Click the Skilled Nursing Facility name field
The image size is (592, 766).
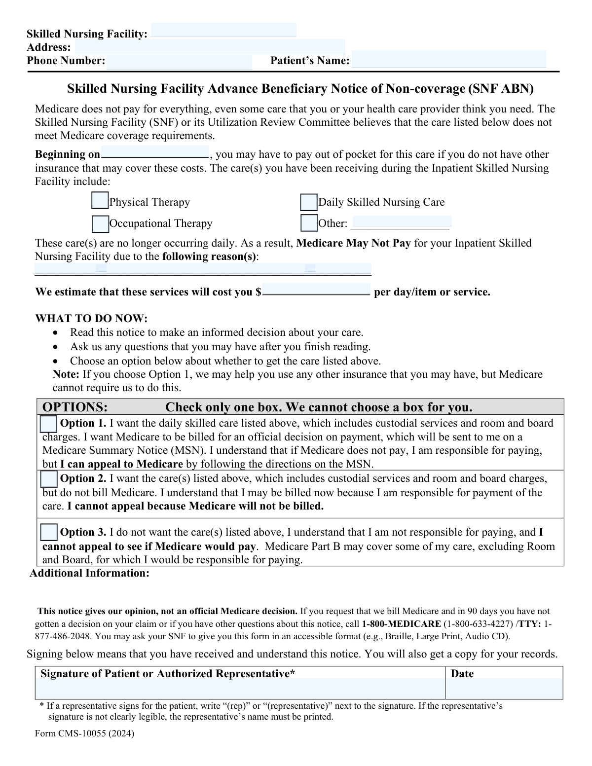pos(223,30)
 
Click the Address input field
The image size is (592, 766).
pos(210,47)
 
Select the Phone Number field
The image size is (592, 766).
pos(179,62)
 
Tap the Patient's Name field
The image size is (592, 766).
pos(448,59)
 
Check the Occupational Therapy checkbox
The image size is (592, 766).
pos(100,224)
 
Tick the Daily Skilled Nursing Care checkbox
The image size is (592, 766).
pos(309,202)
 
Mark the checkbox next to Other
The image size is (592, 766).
pos(309,223)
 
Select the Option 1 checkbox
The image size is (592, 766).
pos(48,424)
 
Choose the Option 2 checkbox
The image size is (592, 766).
pos(48,479)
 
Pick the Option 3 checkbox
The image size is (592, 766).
pos(48,532)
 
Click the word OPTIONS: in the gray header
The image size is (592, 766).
pos(75,407)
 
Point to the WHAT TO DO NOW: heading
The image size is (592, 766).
pos(91,319)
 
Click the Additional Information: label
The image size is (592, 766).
pos(89,573)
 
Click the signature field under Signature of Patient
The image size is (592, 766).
pos(240,688)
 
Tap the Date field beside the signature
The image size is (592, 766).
pos(504,688)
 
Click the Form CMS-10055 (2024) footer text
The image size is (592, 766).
pos(84,733)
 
